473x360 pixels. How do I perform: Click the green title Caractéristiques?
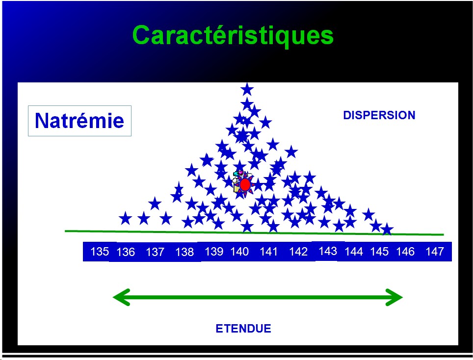click(233, 36)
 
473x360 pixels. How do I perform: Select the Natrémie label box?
click(79, 121)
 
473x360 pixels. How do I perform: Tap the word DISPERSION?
click(379, 115)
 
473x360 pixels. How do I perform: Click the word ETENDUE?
click(243, 328)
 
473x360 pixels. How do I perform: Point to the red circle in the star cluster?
click(245, 184)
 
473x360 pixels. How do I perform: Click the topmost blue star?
click(247, 89)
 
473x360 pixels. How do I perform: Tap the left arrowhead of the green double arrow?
click(121, 297)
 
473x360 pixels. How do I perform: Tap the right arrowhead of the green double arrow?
click(394, 297)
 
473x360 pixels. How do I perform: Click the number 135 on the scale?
click(100, 252)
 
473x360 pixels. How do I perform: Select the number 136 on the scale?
click(126, 252)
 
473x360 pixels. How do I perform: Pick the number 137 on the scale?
click(155, 252)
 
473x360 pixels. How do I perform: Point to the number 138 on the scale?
click(184, 252)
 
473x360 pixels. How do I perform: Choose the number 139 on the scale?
click(214, 252)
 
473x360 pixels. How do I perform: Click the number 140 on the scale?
click(239, 252)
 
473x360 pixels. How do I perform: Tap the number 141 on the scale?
click(268, 252)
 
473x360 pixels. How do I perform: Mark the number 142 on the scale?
click(298, 252)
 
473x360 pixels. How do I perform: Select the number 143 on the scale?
click(328, 251)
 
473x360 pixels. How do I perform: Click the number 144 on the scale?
click(354, 252)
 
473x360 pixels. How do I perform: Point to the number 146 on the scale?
click(405, 252)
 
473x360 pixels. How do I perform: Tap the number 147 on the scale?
click(435, 252)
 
